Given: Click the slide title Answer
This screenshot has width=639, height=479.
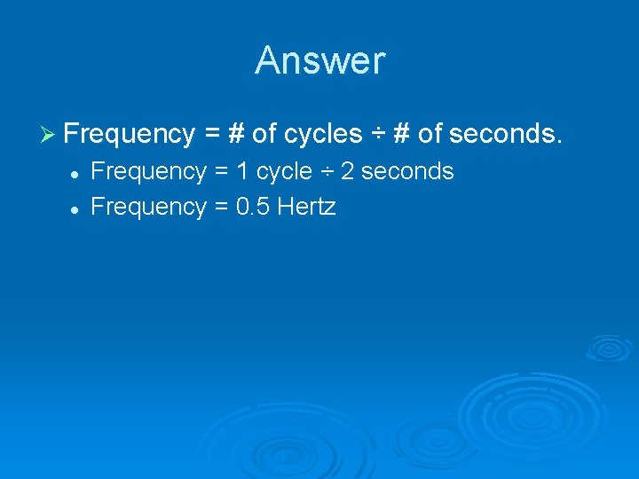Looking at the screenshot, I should pyautogui.click(x=319, y=60).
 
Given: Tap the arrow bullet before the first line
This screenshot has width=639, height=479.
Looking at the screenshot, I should pyautogui.click(x=49, y=134).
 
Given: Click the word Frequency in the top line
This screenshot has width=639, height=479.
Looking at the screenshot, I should pyautogui.click(x=130, y=134).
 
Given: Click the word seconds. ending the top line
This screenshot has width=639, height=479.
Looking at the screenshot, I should pyautogui.click(x=506, y=134).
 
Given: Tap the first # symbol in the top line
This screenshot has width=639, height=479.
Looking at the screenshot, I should pyautogui.click(x=236, y=134).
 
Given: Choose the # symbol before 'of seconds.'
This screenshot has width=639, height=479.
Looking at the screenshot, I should pyautogui.click(x=401, y=134).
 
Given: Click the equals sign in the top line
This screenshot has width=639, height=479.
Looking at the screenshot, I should pyautogui.click(x=212, y=134).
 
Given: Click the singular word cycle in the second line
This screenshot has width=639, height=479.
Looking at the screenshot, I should pyautogui.click(x=284, y=171).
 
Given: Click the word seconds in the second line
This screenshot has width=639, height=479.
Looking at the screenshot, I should pyautogui.click(x=407, y=171).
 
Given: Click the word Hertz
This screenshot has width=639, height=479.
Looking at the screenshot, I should pyautogui.click(x=306, y=207).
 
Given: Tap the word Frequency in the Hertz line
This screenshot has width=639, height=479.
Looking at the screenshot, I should pyautogui.click(x=148, y=207).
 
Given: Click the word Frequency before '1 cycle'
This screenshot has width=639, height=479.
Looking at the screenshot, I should pyautogui.click(x=148, y=171).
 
